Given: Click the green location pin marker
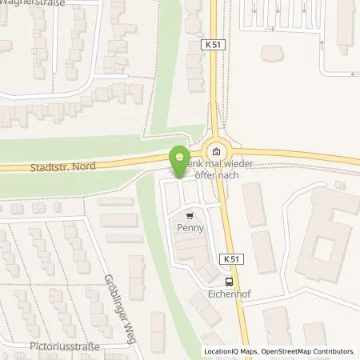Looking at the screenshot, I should [180, 161].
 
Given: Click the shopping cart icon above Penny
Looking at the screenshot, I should [190, 215].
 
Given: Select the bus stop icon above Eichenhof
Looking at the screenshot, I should [230, 281].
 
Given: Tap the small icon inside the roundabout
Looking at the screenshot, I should [214, 149].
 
